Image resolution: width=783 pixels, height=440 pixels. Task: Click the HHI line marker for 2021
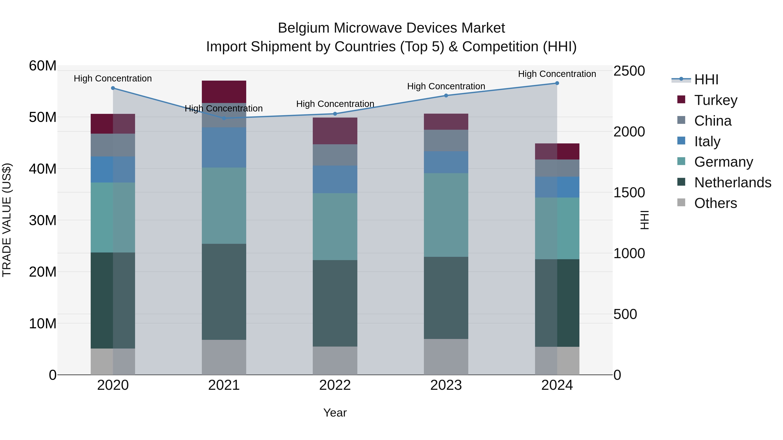point(224,118)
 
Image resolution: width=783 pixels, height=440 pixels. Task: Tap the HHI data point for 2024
point(557,83)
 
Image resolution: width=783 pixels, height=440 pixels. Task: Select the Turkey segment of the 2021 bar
point(224,92)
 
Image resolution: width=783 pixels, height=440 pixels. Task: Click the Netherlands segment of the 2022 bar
point(335,303)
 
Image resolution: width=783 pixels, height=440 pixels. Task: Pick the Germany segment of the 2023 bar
point(446,215)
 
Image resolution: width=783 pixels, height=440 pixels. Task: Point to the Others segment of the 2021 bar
point(224,357)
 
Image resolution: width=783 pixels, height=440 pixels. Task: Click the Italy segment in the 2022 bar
point(335,179)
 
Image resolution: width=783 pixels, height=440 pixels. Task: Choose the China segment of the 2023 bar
point(446,141)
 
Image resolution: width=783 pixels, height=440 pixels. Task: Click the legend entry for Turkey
point(716,100)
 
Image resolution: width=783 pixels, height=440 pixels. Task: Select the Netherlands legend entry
point(733,183)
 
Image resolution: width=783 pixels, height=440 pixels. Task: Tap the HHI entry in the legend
point(706,80)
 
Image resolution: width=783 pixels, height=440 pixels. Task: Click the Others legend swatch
point(681,203)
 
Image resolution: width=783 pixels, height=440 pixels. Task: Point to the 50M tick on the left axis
point(43,117)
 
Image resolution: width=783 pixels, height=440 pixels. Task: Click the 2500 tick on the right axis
point(629,71)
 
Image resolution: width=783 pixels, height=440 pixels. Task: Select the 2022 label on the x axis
point(335,385)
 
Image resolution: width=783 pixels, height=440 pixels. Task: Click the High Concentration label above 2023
point(446,86)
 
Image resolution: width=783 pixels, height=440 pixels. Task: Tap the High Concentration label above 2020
point(113,78)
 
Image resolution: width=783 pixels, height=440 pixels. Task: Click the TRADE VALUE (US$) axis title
point(7,220)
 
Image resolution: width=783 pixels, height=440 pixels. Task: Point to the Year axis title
point(335,413)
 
